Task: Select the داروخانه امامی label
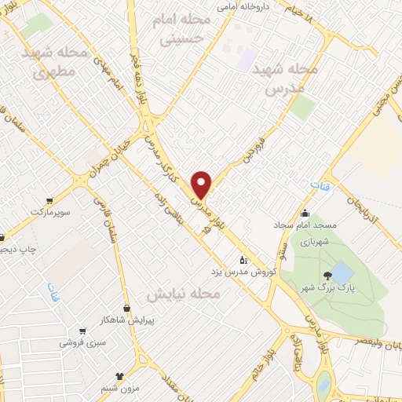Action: tap(240, 8)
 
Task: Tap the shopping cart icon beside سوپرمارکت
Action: tap(50, 200)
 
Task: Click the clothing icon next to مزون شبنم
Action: tap(119, 376)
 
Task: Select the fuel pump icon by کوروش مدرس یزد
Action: tap(243, 259)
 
